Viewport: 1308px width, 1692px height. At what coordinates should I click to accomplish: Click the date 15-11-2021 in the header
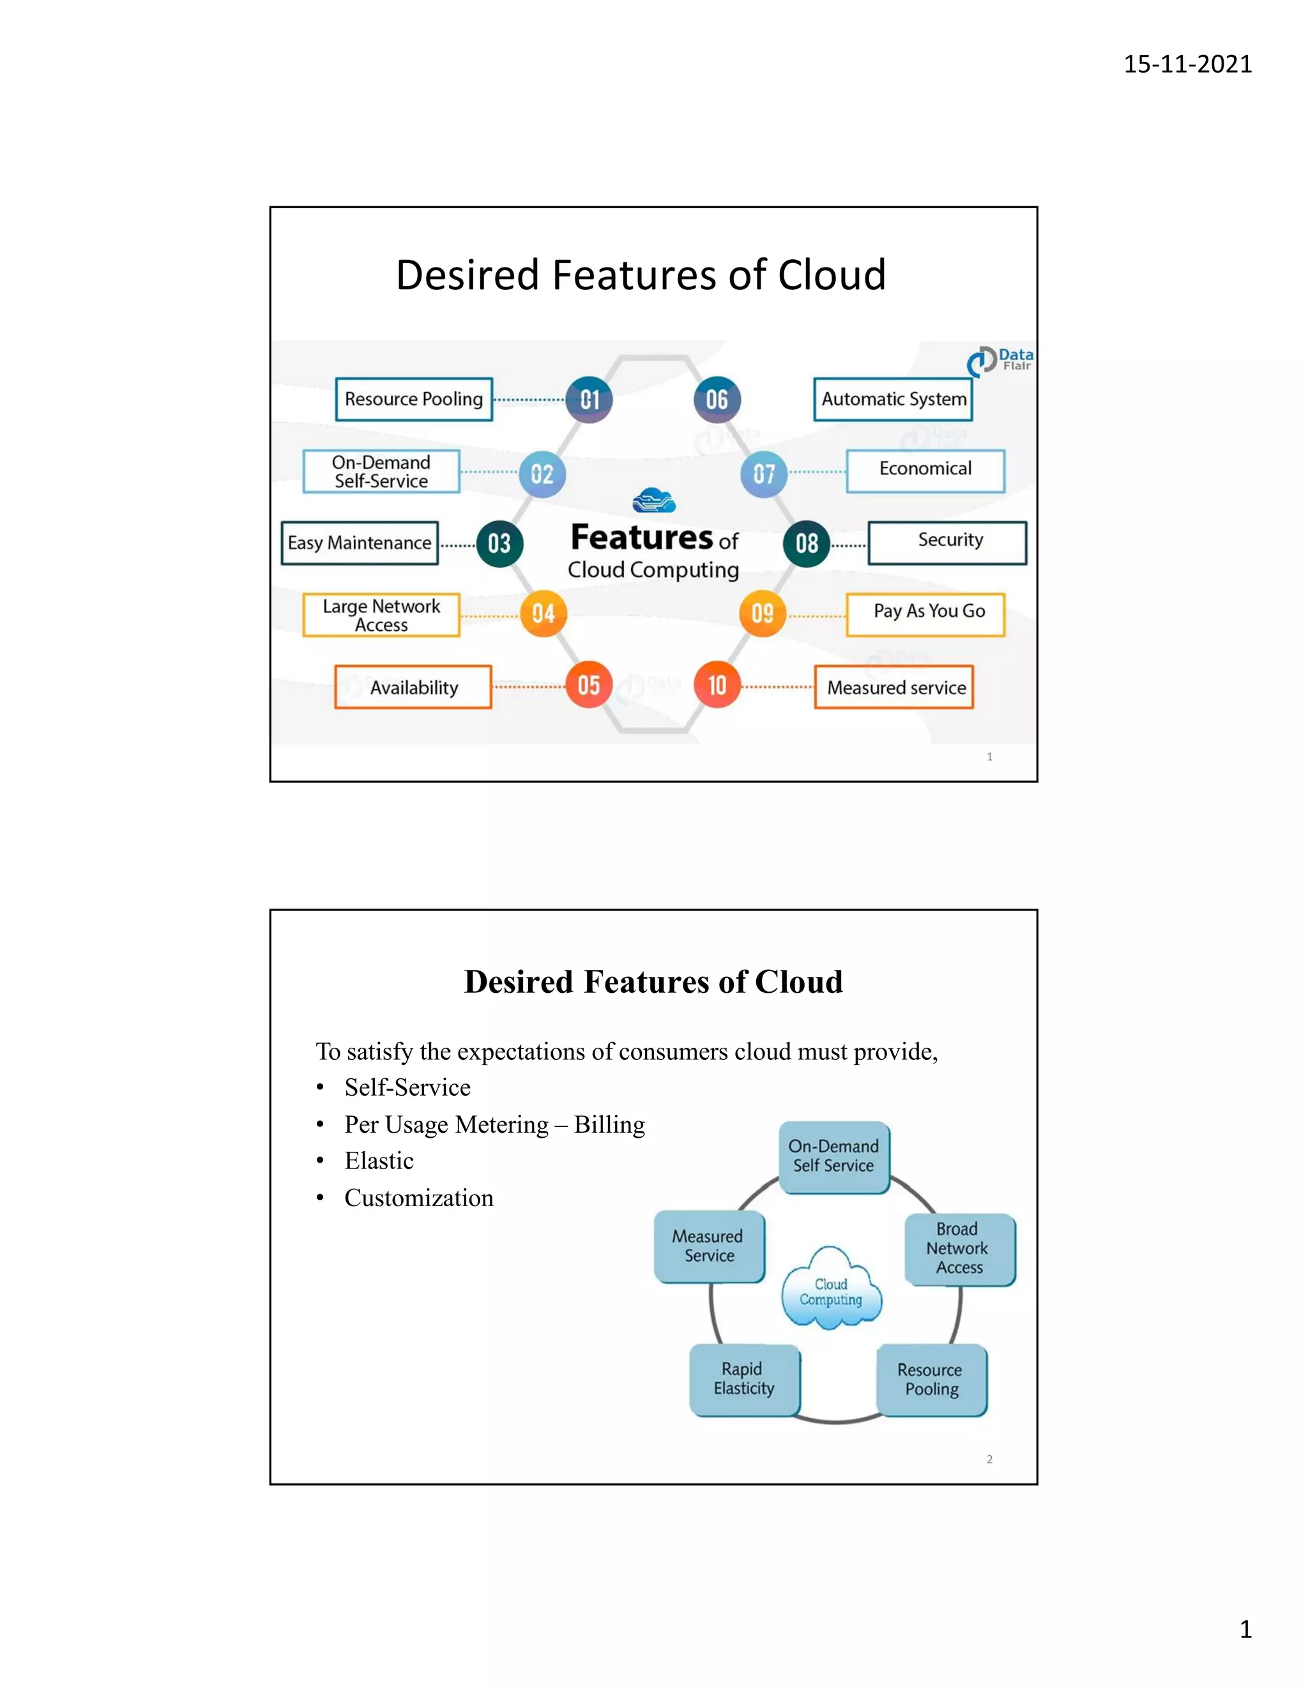tap(1187, 63)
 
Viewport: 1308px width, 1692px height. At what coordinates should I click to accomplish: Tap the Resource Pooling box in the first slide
tap(414, 399)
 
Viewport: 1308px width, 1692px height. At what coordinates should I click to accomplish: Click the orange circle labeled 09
tap(763, 614)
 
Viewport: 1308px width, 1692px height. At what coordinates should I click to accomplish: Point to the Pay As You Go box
tap(926, 614)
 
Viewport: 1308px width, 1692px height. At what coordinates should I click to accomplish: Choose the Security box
tap(948, 542)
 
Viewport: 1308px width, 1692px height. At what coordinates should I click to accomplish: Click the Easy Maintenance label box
tap(360, 543)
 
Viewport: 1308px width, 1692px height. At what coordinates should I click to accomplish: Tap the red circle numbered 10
tap(717, 685)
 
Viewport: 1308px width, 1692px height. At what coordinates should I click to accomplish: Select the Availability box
tap(413, 687)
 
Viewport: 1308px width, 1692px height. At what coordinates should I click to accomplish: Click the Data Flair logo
tap(1000, 360)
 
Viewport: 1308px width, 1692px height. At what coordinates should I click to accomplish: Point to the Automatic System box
tap(894, 399)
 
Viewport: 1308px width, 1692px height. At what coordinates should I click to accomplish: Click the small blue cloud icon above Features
tap(654, 501)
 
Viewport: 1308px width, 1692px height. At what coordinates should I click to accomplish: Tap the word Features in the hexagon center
tap(642, 537)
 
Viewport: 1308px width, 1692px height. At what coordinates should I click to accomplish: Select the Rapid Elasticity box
tap(744, 1380)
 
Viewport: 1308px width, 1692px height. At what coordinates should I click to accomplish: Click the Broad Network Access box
tap(959, 1249)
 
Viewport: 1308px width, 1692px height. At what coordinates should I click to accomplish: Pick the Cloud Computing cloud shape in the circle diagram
tap(832, 1290)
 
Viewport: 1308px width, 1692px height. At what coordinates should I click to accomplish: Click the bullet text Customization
tap(418, 1198)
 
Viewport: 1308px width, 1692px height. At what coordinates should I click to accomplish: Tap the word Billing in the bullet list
tap(609, 1125)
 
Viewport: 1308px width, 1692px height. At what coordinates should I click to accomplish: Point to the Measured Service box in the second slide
tap(709, 1246)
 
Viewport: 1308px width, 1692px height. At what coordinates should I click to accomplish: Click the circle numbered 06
tap(717, 400)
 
